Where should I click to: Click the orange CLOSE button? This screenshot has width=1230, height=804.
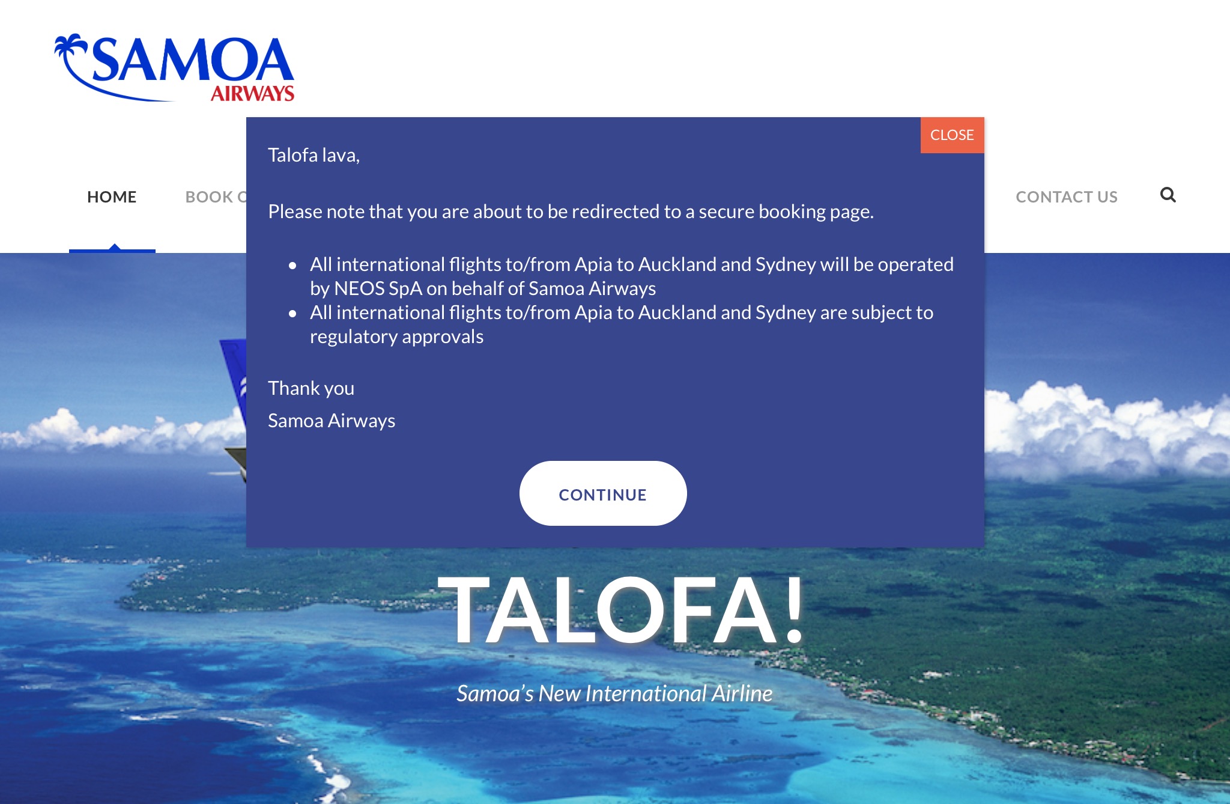(952, 135)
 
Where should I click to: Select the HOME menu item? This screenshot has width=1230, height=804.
(112, 197)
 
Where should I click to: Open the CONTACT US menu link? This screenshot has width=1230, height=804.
(1067, 197)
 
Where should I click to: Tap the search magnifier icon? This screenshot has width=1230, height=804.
(1168, 195)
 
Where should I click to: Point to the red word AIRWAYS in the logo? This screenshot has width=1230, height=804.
(252, 93)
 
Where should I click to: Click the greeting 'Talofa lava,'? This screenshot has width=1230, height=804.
(314, 155)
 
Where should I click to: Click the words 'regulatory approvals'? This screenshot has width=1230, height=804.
(396, 337)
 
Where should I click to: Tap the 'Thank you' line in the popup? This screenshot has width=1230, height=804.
(311, 388)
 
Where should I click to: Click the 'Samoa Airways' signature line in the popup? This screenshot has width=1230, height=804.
(332, 421)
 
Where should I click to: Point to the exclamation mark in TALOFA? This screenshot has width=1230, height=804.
(795, 608)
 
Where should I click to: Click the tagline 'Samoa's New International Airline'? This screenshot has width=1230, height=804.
(614, 693)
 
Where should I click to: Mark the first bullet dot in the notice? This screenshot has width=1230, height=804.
(292, 265)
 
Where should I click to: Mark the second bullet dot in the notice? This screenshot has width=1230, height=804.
(292, 313)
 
